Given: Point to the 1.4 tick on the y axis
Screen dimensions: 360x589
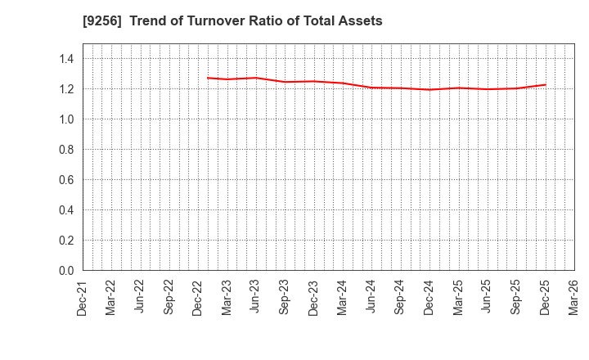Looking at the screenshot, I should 65,59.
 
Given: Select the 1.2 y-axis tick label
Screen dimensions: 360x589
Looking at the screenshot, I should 65,89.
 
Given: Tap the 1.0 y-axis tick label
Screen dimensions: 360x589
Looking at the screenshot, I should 65,119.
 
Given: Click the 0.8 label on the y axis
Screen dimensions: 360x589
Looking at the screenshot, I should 65,150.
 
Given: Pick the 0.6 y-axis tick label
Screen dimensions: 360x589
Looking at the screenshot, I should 65,180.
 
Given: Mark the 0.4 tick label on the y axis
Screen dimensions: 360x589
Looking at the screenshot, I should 65,210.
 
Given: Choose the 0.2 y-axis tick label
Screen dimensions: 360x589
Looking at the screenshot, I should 65,241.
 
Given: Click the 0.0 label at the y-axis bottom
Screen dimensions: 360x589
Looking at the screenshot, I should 65,271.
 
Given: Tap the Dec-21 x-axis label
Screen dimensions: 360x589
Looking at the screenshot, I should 83,297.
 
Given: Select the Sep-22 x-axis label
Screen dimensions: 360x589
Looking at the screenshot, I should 169,297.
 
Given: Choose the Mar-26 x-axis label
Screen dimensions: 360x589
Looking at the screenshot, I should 573,297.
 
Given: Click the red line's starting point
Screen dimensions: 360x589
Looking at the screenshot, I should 208,78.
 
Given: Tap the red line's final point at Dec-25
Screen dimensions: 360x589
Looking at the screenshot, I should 545,84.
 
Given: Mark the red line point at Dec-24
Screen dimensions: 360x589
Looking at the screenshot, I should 429,90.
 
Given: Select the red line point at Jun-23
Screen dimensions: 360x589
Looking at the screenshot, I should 256,78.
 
